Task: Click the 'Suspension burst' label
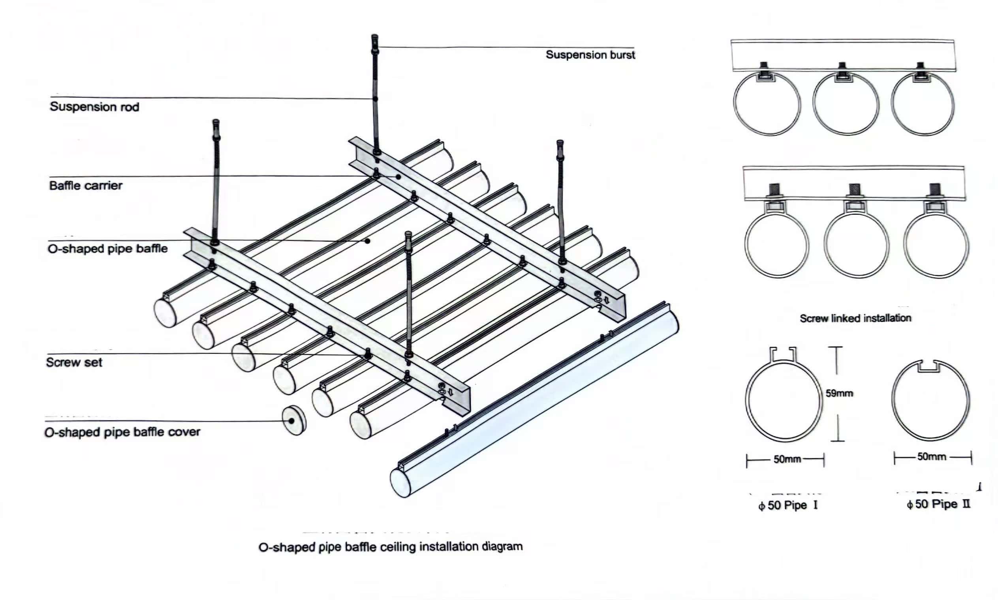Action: (x=590, y=55)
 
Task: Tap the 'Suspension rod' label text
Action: (x=94, y=107)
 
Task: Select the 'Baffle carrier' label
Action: (x=86, y=186)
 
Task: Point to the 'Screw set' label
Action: (x=74, y=362)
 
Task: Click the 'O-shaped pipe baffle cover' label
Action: (x=122, y=432)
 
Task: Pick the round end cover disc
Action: (x=294, y=420)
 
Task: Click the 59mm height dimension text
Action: (x=839, y=393)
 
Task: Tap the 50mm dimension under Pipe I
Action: (x=787, y=459)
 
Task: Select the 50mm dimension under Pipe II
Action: (x=931, y=457)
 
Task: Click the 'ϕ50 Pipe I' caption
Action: (x=787, y=505)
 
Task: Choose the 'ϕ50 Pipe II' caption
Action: (x=938, y=504)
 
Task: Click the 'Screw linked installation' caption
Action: (x=855, y=318)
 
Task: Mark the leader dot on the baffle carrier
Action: (x=398, y=177)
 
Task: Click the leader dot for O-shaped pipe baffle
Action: (x=367, y=241)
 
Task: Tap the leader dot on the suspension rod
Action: (x=375, y=99)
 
